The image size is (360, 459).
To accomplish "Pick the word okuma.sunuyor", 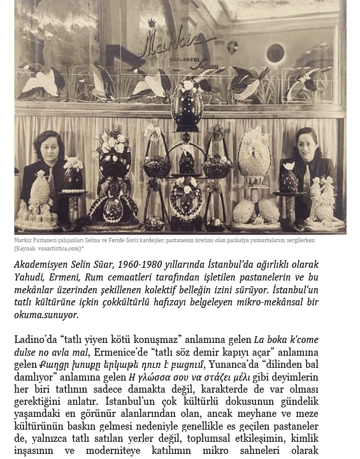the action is [x=49, y=314].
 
